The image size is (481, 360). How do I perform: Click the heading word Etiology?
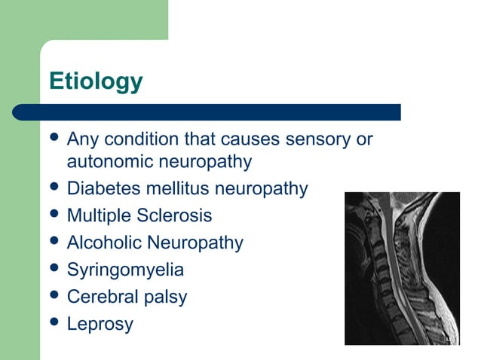tap(96, 81)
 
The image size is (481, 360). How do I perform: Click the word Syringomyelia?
tap(125, 270)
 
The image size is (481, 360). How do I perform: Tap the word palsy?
tap(163, 297)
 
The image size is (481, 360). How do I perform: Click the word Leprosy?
tap(100, 325)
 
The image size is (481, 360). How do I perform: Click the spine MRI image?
tap(402, 268)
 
